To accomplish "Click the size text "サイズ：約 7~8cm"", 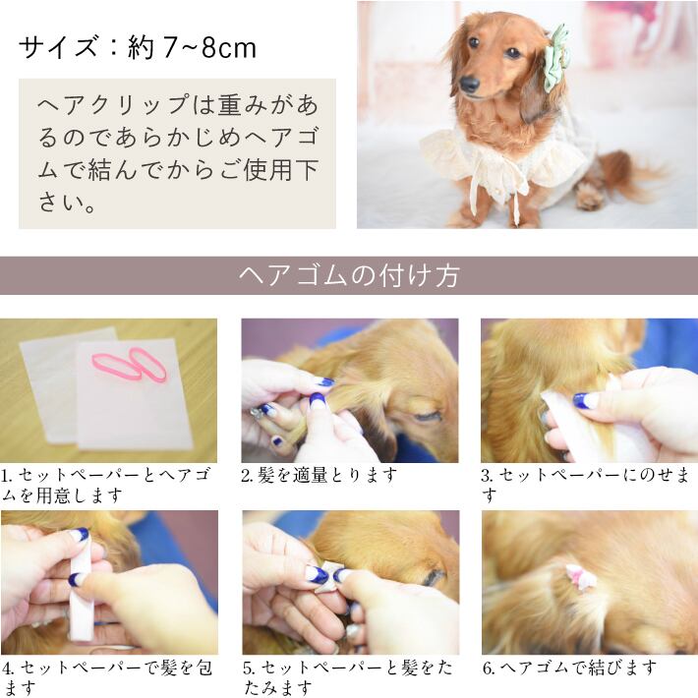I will pos(138,46).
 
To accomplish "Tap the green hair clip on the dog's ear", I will pos(558,58).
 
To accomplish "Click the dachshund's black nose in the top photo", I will pos(470,85).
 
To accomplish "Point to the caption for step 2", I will pos(320,475).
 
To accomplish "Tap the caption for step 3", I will pos(588,484).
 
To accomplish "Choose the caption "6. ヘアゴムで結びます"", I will pos(569,668).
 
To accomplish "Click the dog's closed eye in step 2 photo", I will pos(427,416).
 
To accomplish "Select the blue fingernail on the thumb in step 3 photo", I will pos(585,400).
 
